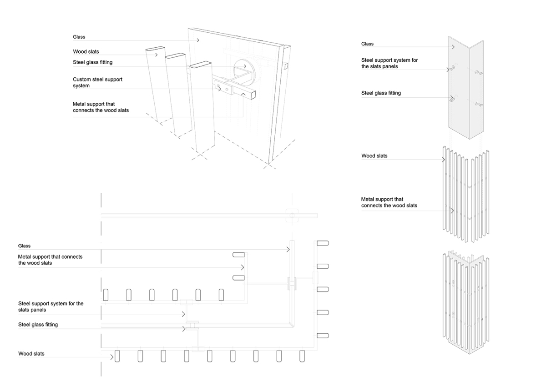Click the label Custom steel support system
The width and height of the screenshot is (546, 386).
(x=97, y=82)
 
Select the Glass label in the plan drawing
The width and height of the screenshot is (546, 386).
(x=25, y=246)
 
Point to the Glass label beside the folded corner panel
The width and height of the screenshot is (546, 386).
(x=367, y=44)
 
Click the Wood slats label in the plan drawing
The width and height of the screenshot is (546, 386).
(x=31, y=353)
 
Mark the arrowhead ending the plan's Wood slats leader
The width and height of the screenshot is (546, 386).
(x=112, y=357)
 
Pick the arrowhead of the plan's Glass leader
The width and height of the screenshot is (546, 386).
(x=288, y=249)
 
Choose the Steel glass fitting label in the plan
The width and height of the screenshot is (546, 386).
(x=38, y=325)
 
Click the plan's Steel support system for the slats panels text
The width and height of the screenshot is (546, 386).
(x=51, y=306)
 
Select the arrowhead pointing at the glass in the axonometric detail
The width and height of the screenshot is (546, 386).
(x=198, y=40)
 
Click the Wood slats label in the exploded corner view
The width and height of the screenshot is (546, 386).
(x=374, y=156)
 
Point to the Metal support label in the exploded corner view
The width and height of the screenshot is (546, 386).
(x=389, y=202)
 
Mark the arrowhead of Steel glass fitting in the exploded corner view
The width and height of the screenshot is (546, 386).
(x=452, y=98)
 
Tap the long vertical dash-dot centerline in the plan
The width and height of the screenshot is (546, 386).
(x=101, y=282)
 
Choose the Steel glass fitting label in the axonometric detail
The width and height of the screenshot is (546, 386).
(x=93, y=62)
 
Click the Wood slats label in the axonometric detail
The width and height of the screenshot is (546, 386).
(x=86, y=51)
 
